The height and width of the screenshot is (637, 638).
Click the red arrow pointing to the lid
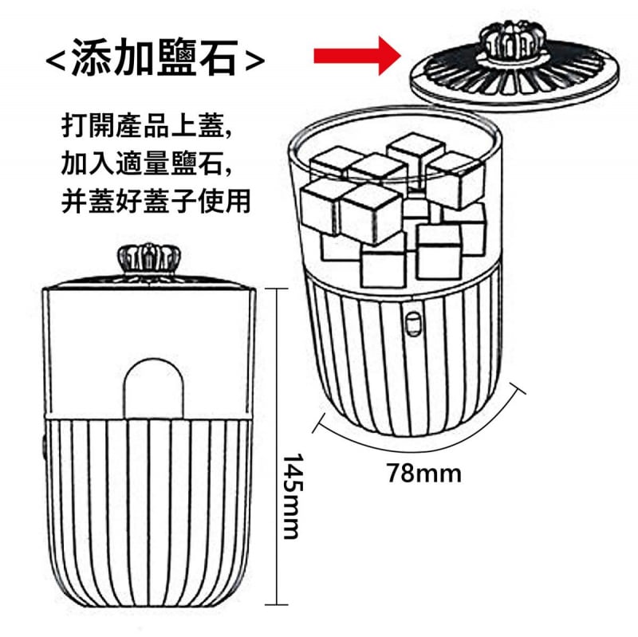click(x=357, y=56)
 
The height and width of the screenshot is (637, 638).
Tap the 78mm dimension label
click(x=424, y=473)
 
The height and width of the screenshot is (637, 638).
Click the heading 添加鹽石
click(x=155, y=57)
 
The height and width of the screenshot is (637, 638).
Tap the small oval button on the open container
click(x=413, y=324)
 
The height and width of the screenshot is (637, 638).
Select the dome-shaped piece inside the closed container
click(x=154, y=388)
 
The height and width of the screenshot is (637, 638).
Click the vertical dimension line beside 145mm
click(x=277, y=446)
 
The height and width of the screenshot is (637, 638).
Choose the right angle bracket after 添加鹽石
click(x=255, y=61)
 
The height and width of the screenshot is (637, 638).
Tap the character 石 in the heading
click(x=218, y=57)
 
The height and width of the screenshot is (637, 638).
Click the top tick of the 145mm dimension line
click(x=277, y=289)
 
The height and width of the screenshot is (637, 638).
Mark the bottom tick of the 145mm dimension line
click(x=277, y=605)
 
